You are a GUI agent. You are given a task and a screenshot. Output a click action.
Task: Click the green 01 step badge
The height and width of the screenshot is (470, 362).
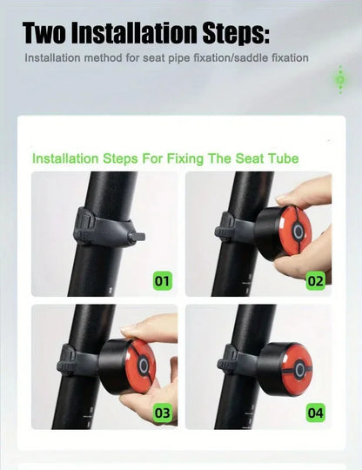click(163, 280)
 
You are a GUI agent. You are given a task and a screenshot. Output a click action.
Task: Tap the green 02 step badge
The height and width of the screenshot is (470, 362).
click(316, 281)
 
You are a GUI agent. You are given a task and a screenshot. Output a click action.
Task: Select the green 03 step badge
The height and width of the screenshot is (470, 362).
click(163, 413)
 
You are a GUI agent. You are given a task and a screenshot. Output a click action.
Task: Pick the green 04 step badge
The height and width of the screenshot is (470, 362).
click(316, 413)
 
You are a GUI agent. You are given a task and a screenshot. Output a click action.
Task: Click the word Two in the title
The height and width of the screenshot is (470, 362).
click(44, 33)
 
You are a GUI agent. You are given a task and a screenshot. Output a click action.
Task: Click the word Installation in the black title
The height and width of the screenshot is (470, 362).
click(134, 33)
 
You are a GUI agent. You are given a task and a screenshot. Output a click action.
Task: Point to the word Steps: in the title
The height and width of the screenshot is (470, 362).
click(236, 34)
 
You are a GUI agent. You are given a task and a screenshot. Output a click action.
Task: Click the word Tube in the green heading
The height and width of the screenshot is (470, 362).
click(284, 158)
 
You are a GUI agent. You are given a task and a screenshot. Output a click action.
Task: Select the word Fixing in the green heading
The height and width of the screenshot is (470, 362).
click(184, 159)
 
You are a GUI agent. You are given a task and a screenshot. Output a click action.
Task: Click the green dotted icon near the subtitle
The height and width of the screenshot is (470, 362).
click(340, 80)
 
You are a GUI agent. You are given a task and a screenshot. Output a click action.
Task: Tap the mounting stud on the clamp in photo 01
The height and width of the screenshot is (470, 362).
click(137, 237)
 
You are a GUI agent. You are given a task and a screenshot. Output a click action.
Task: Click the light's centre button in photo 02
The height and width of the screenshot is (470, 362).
click(298, 232)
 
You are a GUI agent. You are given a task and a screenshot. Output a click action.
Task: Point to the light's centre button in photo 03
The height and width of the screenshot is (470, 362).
click(144, 366)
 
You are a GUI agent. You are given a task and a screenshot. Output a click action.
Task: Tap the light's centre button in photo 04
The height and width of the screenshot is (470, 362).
click(299, 369)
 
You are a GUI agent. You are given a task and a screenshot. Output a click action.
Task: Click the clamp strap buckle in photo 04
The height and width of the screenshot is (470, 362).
click(225, 359)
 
